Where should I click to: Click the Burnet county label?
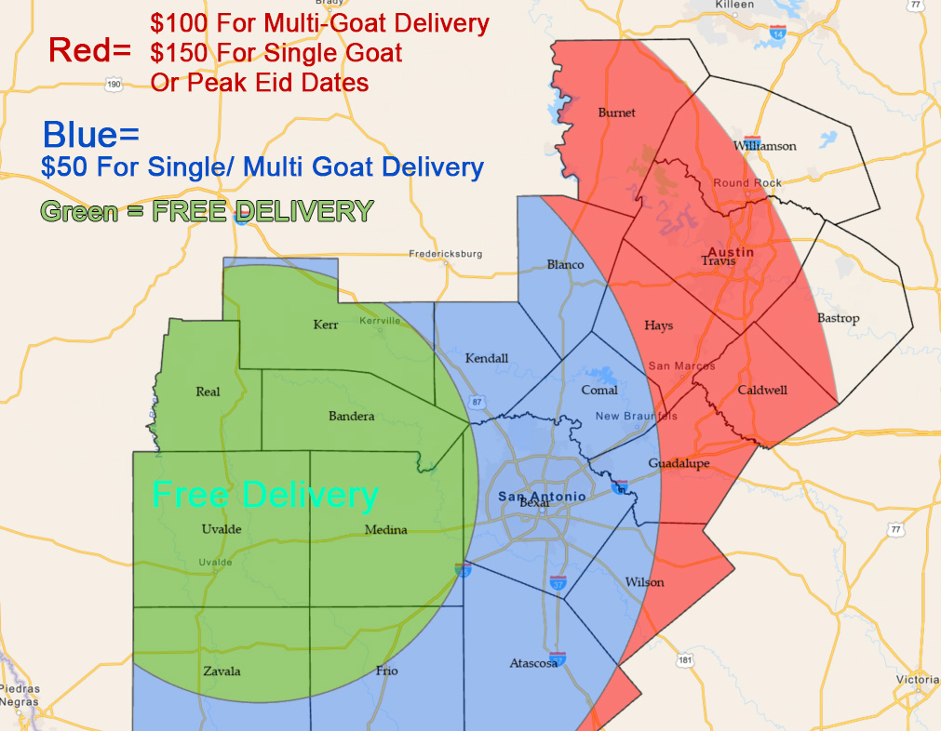click(x=617, y=113)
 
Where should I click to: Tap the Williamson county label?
click(x=765, y=146)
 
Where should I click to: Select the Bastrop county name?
click(x=838, y=318)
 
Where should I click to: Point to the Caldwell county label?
click(x=762, y=390)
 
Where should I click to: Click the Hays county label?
click(x=658, y=326)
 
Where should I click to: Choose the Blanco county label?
click(x=565, y=264)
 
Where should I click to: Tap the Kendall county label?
click(x=487, y=358)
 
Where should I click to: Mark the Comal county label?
click(x=599, y=390)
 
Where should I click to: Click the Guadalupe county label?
click(x=679, y=463)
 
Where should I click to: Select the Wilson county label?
click(x=645, y=582)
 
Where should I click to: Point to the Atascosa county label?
click(x=534, y=663)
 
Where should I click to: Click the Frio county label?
click(x=386, y=670)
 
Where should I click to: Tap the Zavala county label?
click(x=222, y=671)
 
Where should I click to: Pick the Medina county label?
click(x=386, y=530)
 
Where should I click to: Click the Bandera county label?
click(x=352, y=416)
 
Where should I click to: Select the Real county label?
click(x=208, y=392)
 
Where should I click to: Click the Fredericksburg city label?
click(x=446, y=253)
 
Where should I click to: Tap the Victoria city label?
click(x=917, y=679)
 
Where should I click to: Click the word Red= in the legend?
click(x=89, y=51)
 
